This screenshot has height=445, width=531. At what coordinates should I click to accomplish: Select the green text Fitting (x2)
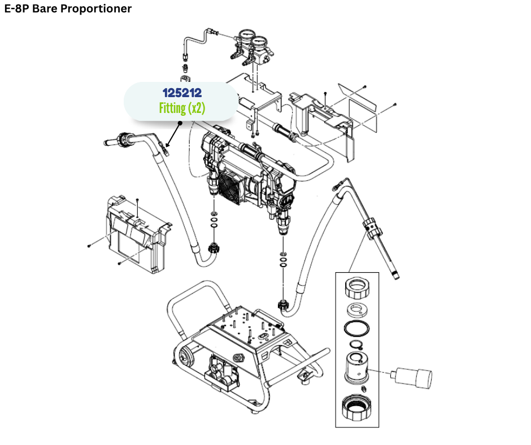pos(181,108)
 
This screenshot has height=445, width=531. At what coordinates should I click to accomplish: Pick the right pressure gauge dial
pos(260,43)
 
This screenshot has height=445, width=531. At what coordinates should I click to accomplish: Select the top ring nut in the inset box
pos(357,289)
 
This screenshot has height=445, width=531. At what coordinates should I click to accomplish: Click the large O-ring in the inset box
pos(356,329)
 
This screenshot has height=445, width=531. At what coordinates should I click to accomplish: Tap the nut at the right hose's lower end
pos(284,307)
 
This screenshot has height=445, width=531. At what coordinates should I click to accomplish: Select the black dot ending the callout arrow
pos(183,120)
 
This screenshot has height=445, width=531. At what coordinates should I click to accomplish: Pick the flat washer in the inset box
pos(357,309)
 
